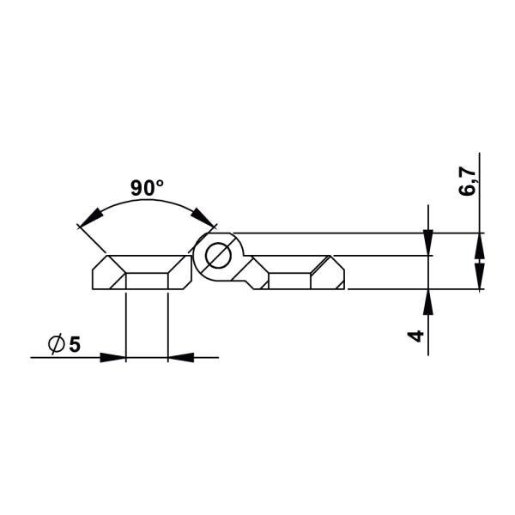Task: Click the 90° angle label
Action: (x=147, y=187)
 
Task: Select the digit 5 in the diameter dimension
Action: (x=75, y=344)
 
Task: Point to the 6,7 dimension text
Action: (x=468, y=181)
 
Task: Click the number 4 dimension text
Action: (x=416, y=336)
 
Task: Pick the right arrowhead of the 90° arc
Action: (x=203, y=220)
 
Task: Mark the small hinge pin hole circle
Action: (x=216, y=255)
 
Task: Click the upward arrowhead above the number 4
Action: (x=428, y=300)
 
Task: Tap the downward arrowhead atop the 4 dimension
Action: (x=428, y=244)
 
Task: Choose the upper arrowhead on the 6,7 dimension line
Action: (x=480, y=244)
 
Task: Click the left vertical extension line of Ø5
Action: (x=126, y=326)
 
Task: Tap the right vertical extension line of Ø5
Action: (x=168, y=326)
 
